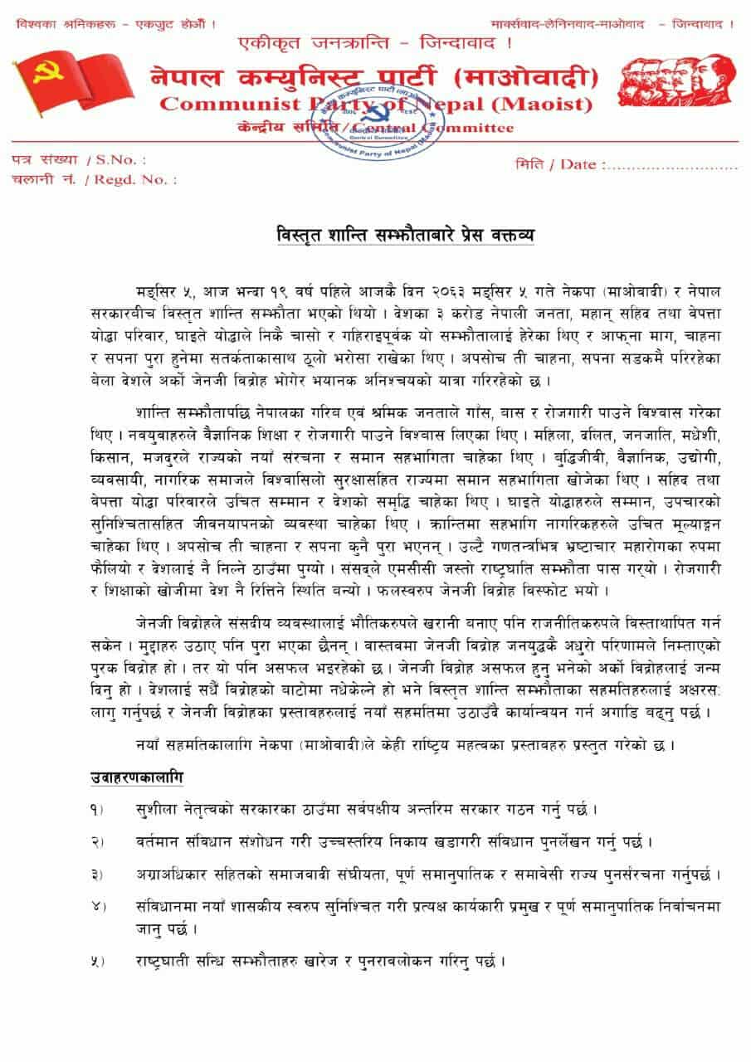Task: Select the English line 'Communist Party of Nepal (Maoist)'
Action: click(x=376, y=105)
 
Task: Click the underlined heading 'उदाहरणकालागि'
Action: click(x=137, y=777)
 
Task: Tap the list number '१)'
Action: click(x=98, y=808)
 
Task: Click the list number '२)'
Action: click(x=98, y=842)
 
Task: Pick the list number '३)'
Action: click(x=98, y=875)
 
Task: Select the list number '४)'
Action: click(x=98, y=907)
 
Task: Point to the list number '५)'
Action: click(x=98, y=962)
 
